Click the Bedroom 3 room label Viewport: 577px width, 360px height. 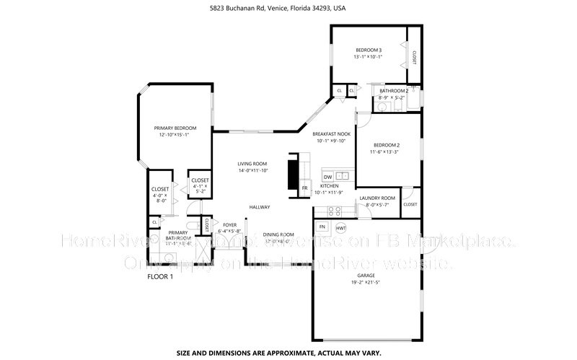pos(368,50)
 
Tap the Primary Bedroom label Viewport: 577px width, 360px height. pos(175,128)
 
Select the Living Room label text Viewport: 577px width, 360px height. pos(252,164)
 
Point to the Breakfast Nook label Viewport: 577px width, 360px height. pos(331,134)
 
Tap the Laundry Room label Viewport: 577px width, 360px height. pos(377,198)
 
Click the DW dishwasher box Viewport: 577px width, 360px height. pos(327,177)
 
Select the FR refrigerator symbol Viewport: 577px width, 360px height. pos(304,188)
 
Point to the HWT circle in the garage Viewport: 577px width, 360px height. pos(341,228)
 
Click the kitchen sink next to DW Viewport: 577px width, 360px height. pos(343,176)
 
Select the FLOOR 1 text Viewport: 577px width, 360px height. pos(160,277)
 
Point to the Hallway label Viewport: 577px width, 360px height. pos(260,208)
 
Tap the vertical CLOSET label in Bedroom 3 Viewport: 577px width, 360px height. pos(414,57)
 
